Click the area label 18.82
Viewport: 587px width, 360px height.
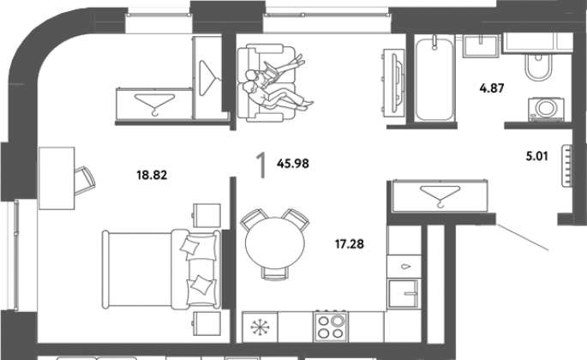152,175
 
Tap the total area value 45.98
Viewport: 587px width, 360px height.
293,164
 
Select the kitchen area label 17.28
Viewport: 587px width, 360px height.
350,244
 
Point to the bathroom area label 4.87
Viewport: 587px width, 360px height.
492,88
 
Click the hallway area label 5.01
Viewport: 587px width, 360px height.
536,156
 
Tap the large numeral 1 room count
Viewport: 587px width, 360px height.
261,165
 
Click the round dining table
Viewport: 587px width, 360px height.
275,243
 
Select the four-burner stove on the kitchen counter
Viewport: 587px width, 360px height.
331,327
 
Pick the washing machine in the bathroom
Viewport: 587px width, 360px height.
546,109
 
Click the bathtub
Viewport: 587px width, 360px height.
434,79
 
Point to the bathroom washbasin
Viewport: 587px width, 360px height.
481,46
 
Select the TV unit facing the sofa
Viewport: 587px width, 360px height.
393,81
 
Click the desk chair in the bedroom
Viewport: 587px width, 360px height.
84,181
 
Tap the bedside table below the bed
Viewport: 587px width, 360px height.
207,325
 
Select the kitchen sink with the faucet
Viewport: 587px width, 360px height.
404,294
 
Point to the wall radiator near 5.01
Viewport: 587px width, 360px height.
567,165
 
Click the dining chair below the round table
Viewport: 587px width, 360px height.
275,273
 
